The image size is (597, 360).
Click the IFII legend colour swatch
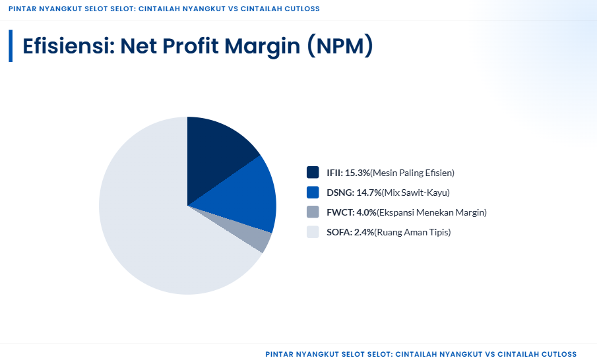313,173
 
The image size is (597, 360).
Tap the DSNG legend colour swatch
313,193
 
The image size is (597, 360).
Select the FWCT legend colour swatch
313,212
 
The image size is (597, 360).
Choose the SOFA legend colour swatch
313,232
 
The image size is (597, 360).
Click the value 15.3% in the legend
357,173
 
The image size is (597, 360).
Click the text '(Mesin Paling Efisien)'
412,173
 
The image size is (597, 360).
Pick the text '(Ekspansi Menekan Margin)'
431,212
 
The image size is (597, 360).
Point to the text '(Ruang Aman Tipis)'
413,232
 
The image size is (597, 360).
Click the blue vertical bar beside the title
11,45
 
